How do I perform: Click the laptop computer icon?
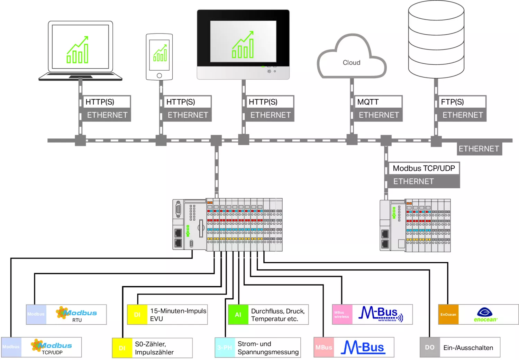tap(80, 51)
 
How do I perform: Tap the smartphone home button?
tap(159, 75)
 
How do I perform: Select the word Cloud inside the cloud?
tap(352, 63)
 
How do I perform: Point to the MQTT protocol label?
tap(368, 102)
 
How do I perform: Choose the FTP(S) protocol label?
tap(452, 102)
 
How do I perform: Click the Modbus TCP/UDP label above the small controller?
tap(424, 169)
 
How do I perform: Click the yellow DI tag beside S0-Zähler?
tap(122, 348)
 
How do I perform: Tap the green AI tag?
tap(238, 315)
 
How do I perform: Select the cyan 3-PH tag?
tap(225, 348)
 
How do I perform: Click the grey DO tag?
tap(430, 347)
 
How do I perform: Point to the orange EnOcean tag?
tap(448, 315)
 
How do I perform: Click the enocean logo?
tap(485, 315)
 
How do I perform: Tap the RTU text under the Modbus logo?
tap(77, 320)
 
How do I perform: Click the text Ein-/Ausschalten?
tap(468, 348)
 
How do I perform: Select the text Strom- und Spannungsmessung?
tap(268, 348)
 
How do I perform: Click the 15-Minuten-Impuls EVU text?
tap(178, 315)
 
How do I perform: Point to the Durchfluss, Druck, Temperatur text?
tap(277, 315)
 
